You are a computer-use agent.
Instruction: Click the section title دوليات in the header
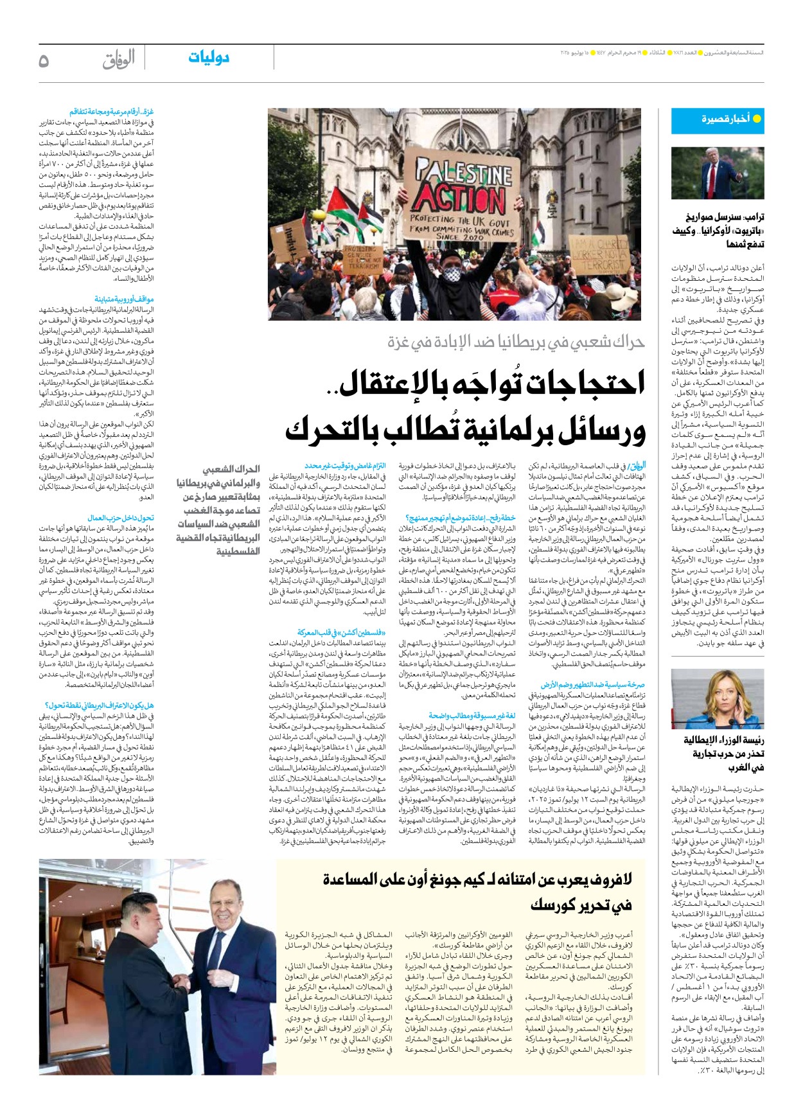pos(209,58)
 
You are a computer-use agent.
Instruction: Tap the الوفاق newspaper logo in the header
pos(118,59)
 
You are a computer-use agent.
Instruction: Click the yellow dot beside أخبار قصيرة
pos(757,119)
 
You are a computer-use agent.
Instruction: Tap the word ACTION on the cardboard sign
pos(459,198)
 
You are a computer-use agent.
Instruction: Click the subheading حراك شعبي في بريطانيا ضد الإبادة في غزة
pos(516,342)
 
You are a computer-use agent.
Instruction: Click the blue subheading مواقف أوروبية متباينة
pos(124,299)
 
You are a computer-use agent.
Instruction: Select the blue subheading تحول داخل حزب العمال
pos(121,518)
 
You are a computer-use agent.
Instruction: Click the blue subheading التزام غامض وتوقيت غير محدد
pos(345,466)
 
